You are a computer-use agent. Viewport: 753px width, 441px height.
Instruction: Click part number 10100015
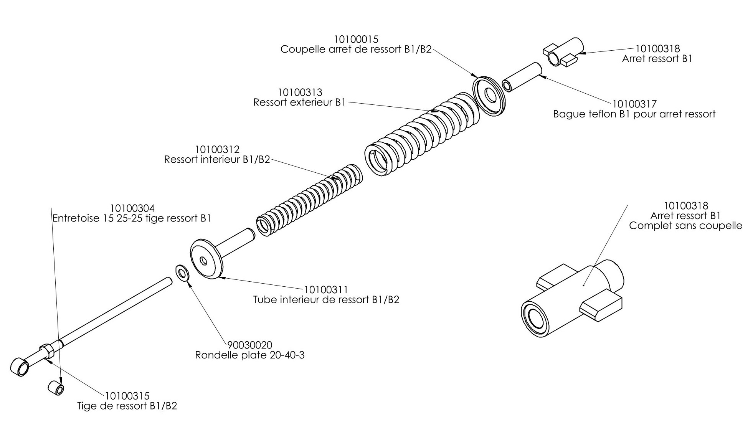[x=356, y=39]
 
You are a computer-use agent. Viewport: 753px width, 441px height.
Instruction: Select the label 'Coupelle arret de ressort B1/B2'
[x=356, y=50]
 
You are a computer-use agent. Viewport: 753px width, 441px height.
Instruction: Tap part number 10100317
[x=634, y=104]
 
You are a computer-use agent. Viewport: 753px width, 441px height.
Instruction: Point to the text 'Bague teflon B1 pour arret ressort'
[x=634, y=114]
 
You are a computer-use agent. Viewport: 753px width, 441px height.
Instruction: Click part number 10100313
[x=300, y=92]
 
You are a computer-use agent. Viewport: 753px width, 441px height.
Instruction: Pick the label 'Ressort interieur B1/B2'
[x=217, y=159]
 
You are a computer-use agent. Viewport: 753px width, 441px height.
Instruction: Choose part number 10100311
[x=326, y=289]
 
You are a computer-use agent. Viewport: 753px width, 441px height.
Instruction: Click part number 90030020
[x=249, y=345]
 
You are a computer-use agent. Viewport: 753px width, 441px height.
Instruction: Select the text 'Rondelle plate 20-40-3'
[x=249, y=355]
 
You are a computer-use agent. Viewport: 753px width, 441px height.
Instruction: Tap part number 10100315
[x=127, y=396]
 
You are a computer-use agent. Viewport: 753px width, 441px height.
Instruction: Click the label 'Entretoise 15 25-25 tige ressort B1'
[x=132, y=218]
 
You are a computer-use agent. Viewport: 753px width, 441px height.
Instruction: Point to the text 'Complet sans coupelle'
[x=685, y=226]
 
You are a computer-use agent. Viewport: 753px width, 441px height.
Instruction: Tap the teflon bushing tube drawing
[x=522, y=77]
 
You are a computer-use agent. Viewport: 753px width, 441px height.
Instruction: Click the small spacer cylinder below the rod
[x=56, y=388]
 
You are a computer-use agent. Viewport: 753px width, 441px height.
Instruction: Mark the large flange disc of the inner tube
[x=206, y=259]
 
